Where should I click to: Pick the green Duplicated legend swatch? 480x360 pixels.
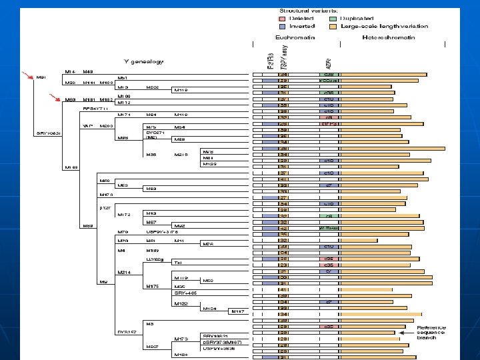click(x=331, y=18)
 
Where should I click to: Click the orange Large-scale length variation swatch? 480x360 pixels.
click(x=331, y=26)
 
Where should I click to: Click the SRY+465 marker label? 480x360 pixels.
click(x=185, y=293)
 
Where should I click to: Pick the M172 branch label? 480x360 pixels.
click(x=124, y=215)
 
